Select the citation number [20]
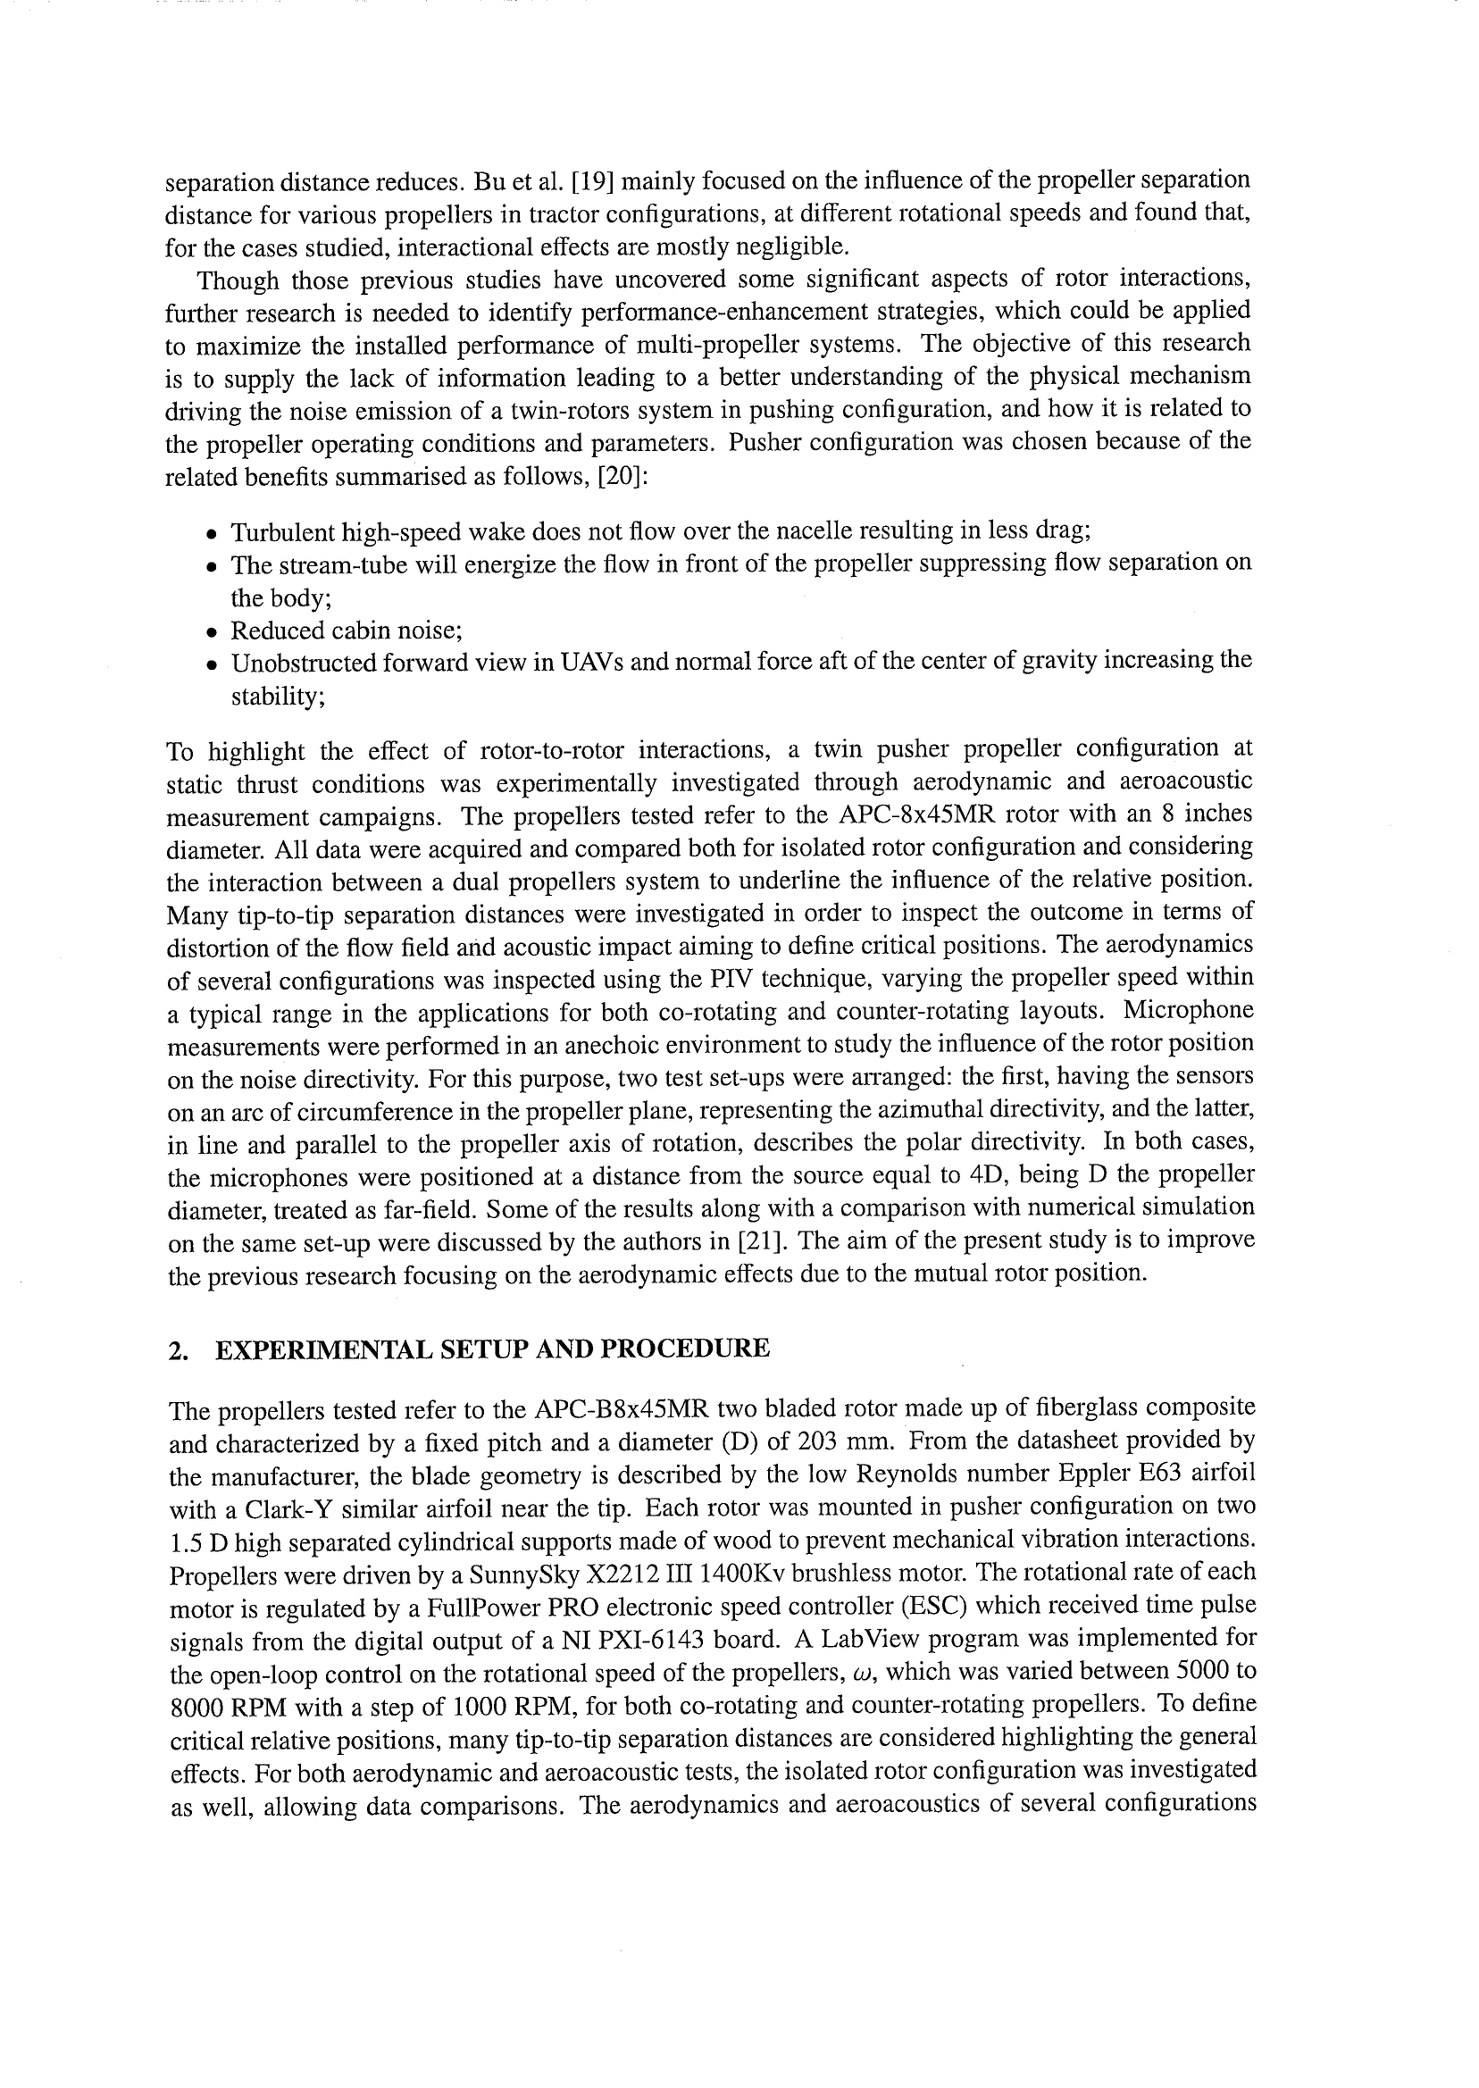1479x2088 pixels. [x=622, y=476]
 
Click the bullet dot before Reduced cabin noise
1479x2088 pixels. [x=212, y=633]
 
